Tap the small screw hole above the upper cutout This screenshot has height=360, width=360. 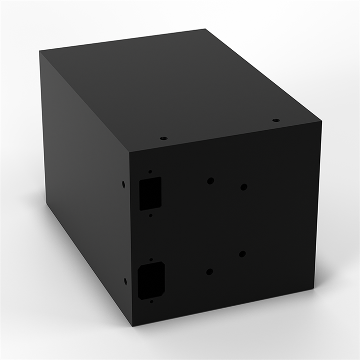pyautogui.click(x=150, y=172)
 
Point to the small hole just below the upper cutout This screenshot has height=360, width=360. pyautogui.click(x=150, y=216)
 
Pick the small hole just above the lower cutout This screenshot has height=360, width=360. pyautogui.click(x=151, y=259)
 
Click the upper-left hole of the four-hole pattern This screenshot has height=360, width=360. pyautogui.click(x=210, y=181)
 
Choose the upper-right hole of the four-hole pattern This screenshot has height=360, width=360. pyautogui.click(x=244, y=187)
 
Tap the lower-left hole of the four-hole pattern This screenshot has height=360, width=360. pyautogui.click(x=210, y=272)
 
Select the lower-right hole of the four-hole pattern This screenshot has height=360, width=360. pyautogui.click(x=242, y=254)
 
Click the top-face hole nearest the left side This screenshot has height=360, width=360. pyautogui.click(x=164, y=139)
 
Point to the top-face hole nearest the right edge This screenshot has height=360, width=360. pyautogui.click(x=276, y=120)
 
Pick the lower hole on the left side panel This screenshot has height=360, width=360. pyautogui.click(x=125, y=281)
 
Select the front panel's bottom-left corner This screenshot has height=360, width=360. pyautogui.click(x=132, y=325)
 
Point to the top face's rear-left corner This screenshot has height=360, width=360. pyautogui.click(x=40, y=51)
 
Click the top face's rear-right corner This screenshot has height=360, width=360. pyautogui.click(x=206, y=29)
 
